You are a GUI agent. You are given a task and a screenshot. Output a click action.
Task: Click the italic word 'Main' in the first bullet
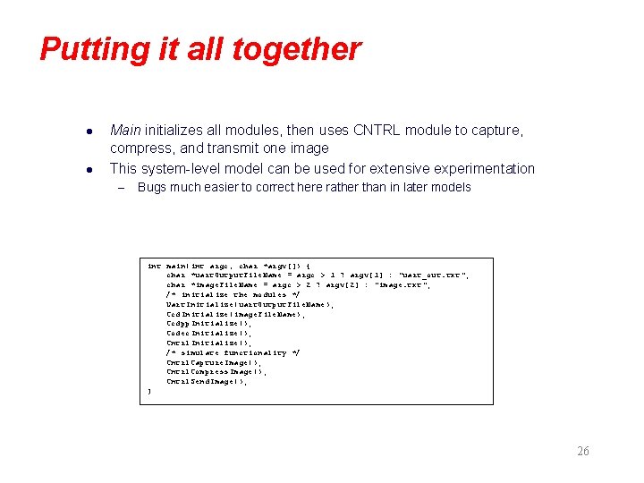125,131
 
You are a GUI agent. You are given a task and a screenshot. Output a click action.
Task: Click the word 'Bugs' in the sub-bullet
152,188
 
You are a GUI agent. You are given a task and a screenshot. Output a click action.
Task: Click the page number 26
582,452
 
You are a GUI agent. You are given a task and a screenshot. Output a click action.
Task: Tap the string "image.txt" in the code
402,285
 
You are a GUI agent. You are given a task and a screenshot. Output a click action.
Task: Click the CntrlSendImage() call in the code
206,382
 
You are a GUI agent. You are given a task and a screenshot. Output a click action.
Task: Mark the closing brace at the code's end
149,392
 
